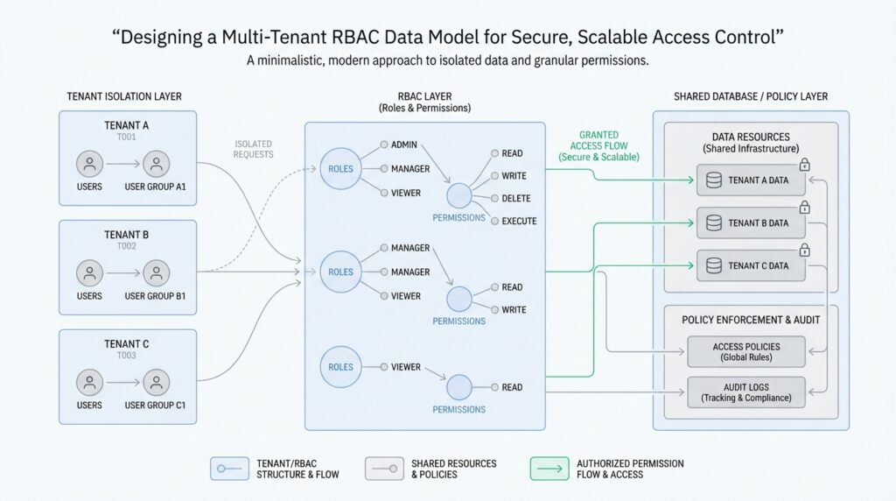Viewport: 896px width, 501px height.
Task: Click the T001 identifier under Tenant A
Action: pos(126,138)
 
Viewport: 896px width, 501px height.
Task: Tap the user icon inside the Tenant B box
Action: pos(89,272)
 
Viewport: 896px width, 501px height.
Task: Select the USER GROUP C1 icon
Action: pos(156,382)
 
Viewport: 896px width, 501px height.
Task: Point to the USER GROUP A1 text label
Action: pos(156,187)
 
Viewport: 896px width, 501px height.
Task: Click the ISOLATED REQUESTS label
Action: pos(254,149)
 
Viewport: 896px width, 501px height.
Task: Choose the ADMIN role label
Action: pos(404,145)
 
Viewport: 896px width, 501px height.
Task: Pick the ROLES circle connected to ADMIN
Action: pos(339,169)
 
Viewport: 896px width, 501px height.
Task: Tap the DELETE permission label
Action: pos(516,199)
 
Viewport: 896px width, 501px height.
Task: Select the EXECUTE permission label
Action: pos(519,222)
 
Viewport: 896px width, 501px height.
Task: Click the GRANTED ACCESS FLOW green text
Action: pos(598,145)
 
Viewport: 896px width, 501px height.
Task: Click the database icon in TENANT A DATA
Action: pos(713,180)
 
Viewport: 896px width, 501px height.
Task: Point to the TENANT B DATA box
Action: pos(751,223)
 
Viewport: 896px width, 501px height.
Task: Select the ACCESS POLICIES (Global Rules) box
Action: pos(746,352)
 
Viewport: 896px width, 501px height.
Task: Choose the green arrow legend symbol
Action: pos(549,469)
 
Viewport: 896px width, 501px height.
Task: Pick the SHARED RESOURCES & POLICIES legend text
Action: pos(453,469)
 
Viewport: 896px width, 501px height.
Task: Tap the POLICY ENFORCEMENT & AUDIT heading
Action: pos(751,320)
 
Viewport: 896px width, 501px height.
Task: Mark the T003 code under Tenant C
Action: pos(126,356)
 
